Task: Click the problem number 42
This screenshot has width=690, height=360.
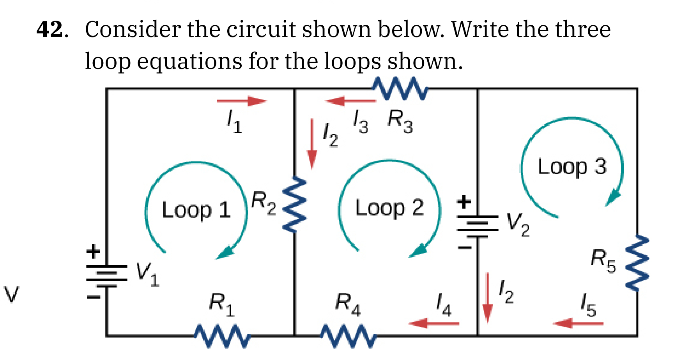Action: pyautogui.click(x=50, y=30)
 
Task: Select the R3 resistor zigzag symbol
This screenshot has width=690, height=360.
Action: pyautogui.click(x=400, y=88)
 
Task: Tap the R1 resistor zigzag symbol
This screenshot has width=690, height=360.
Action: pyautogui.click(x=222, y=335)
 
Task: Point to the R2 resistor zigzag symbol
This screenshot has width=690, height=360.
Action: pyautogui.click(x=295, y=205)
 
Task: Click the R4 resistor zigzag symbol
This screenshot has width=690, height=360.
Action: pyautogui.click(x=348, y=335)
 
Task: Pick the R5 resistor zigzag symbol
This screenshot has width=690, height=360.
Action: pyautogui.click(x=637, y=263)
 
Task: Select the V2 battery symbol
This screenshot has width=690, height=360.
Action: pyautogui.click(x=478, y=226)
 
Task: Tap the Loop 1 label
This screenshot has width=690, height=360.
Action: pyautogui.click(x=196, y=210)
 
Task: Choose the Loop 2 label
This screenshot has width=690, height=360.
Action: pyautogui.click(x=389, y=208)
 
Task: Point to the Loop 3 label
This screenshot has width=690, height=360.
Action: pyautogui.click(x=572, y=167)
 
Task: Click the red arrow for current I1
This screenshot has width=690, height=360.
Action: pyautogui.click(x=242, y=101)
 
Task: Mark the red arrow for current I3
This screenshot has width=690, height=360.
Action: pyautogui.click(x=350, y=101)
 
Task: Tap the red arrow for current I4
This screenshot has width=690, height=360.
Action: pyautogui.click(x=434, y=323)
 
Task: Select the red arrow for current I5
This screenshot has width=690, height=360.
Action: pyautogui.click(x=578, y=323)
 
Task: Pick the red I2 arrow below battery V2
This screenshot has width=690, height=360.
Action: pyautogui.click(x=487, y=298)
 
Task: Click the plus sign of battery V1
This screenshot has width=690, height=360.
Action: pyautogui.click(x=93, y=251)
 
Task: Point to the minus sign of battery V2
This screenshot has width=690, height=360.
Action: pyautogui.click(x=464, y=247)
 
